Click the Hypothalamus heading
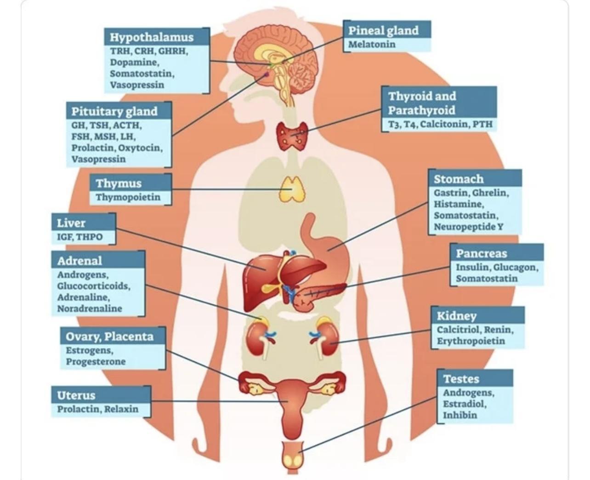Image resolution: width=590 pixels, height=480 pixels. point(152,37)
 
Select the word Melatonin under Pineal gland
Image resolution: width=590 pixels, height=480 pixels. point(371,44)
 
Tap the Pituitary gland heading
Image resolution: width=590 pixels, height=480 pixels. point(114,111)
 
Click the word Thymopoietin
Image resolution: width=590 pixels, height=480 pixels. point(128,197)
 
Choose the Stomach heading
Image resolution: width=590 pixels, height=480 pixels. point(459,179)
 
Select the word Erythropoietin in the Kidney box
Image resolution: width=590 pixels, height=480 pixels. point(471,341)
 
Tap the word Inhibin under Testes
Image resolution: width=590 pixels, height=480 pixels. point(460,415)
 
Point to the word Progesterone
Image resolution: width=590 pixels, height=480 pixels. point(96,361)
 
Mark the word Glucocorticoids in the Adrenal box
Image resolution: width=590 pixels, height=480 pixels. point(94,286)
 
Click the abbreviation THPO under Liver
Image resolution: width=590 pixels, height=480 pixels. point(89,237)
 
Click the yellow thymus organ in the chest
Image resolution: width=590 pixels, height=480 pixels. point(292,189)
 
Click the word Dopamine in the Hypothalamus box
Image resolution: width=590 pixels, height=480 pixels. point(134,62)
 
